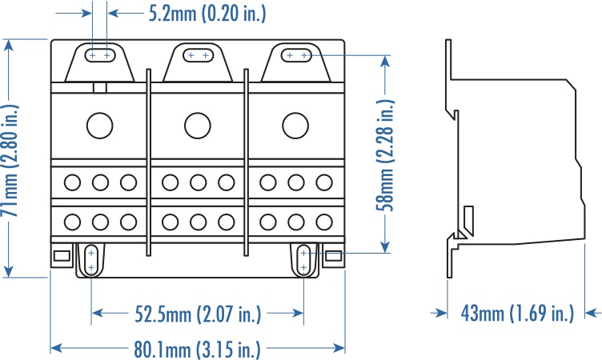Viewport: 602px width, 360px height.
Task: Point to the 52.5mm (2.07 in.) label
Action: click(x=198, y=314)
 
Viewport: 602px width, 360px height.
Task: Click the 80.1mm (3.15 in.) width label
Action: click(x=198, y=349)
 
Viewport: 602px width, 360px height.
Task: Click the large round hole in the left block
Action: click(x=99, y=126)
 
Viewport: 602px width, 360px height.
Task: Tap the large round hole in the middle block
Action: click(x=197, y=126)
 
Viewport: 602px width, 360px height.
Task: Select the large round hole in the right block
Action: click(x=295, y=126)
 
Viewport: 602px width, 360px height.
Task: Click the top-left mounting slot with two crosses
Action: click(x=101, y=55)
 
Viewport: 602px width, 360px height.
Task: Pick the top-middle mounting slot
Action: click(x=198, y=55)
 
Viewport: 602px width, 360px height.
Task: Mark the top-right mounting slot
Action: click(x=297, y=55)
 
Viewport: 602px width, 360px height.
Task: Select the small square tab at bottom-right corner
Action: click(x=333, y=257)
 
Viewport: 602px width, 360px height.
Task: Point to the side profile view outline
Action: click(x=512, y=160)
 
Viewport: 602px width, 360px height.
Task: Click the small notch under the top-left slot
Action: click(x=100, y=88)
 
